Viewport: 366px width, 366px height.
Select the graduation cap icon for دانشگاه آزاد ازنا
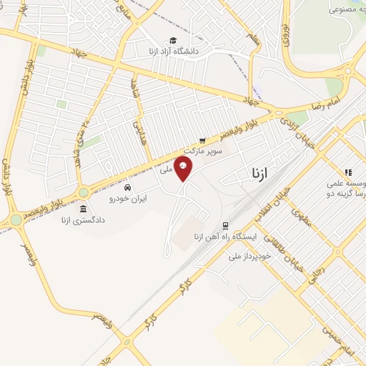[x=172, y=41]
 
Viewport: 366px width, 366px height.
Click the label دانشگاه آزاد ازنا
[x=172, y=51]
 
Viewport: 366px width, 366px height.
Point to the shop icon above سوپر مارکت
[x=203, y=141]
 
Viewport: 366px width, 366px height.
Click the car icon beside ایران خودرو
[x=128, y=188]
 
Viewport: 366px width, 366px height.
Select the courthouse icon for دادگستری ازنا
[x=84, y=209]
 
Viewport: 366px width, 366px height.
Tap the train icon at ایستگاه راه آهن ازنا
[x=224, y=226]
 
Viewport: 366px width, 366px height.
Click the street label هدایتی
[x=137, y=129]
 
